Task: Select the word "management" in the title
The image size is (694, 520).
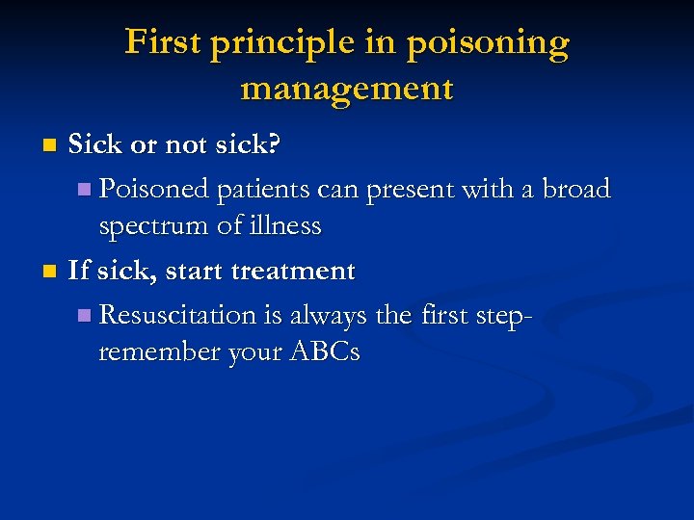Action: click(x=347, y=89)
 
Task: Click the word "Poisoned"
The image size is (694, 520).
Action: click(x=154, y=189)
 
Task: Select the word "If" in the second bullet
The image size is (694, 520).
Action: click(x=78, y=271)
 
